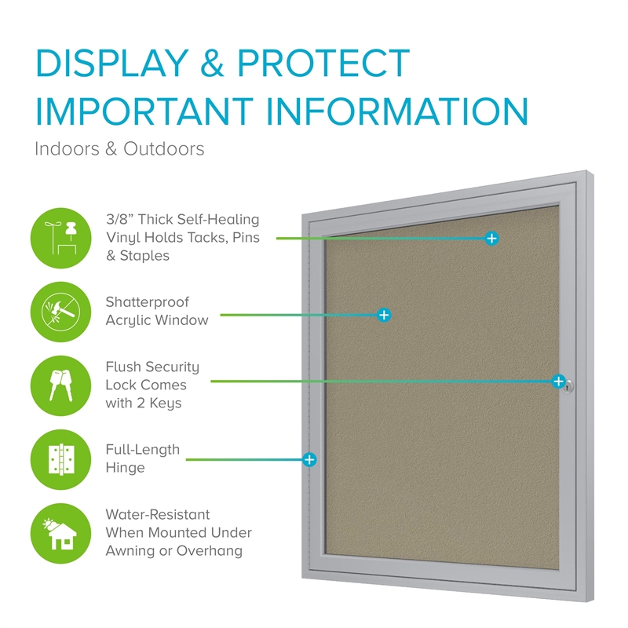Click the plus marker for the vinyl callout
click(x=491, y=238)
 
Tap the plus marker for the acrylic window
click(x=384, y=315)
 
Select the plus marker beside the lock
click(x=558, y=382)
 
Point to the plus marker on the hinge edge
click(x=309, y=459)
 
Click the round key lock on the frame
click(x=570, y=385)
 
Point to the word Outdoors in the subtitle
click(x=164, y=148)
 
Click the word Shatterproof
click(x=148, y=302)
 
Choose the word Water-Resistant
click(x=158, y=515)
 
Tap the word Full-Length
click(x=143, y=450)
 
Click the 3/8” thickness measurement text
click(x=120, y=219)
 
